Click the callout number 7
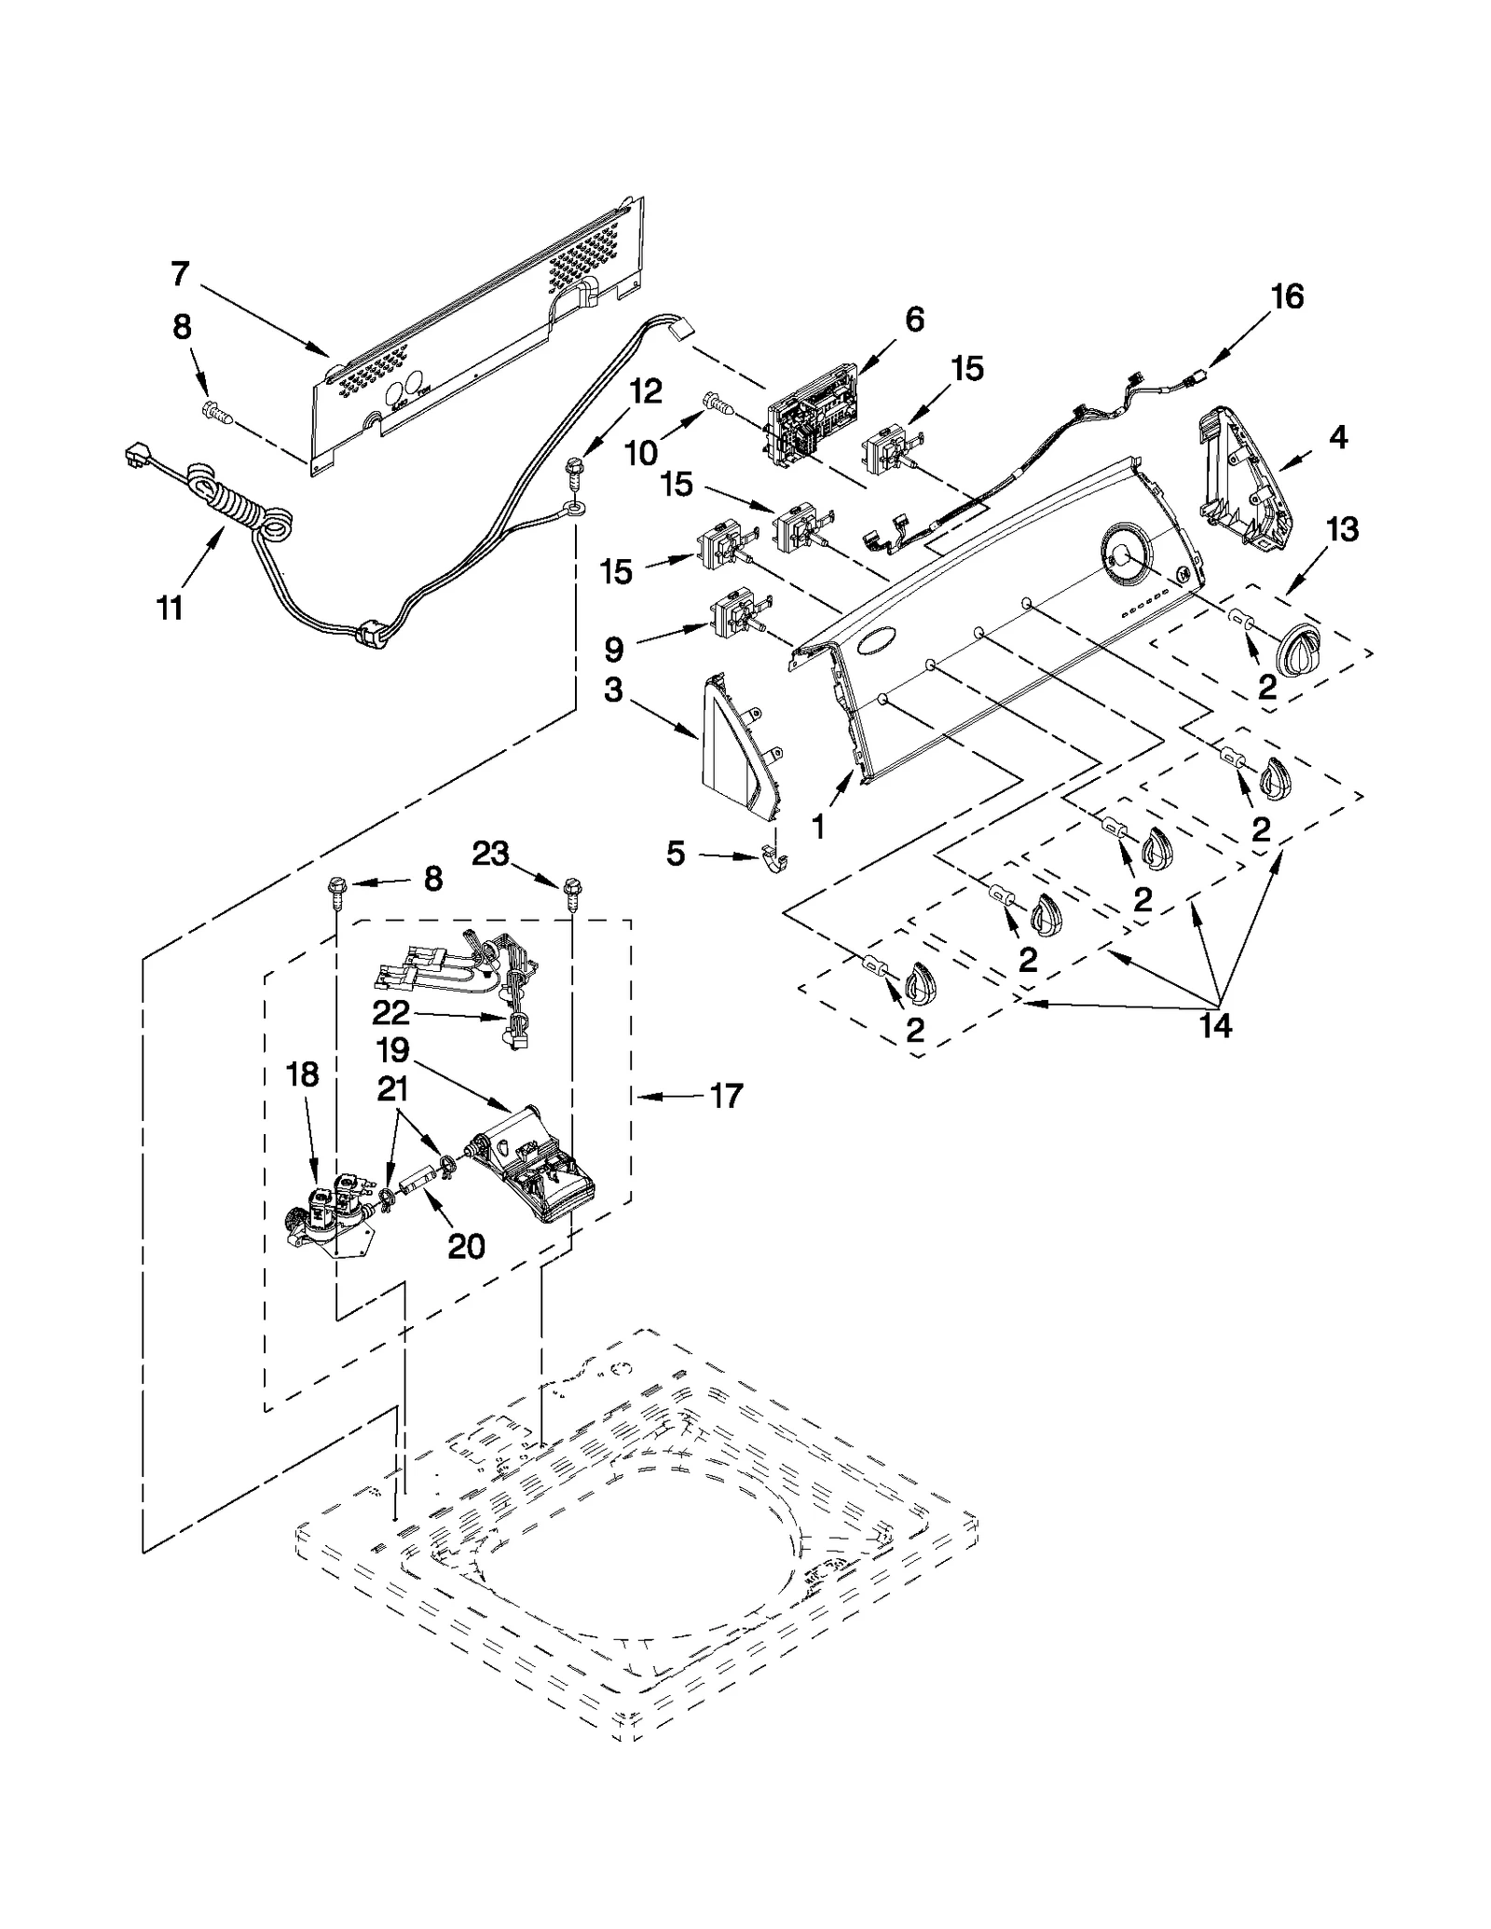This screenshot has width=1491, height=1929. click(180, 274)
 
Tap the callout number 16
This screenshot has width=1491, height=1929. click(1287, 297)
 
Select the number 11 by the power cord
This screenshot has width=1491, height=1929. click(170, 609)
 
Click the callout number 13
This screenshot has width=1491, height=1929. click(1342, 529)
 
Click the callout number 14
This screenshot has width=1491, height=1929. click(1215, 1026)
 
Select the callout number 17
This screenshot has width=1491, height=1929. click(726, 1096)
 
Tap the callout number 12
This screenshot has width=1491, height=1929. click(645, 391)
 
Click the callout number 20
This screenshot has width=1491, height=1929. click(466, 1246)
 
